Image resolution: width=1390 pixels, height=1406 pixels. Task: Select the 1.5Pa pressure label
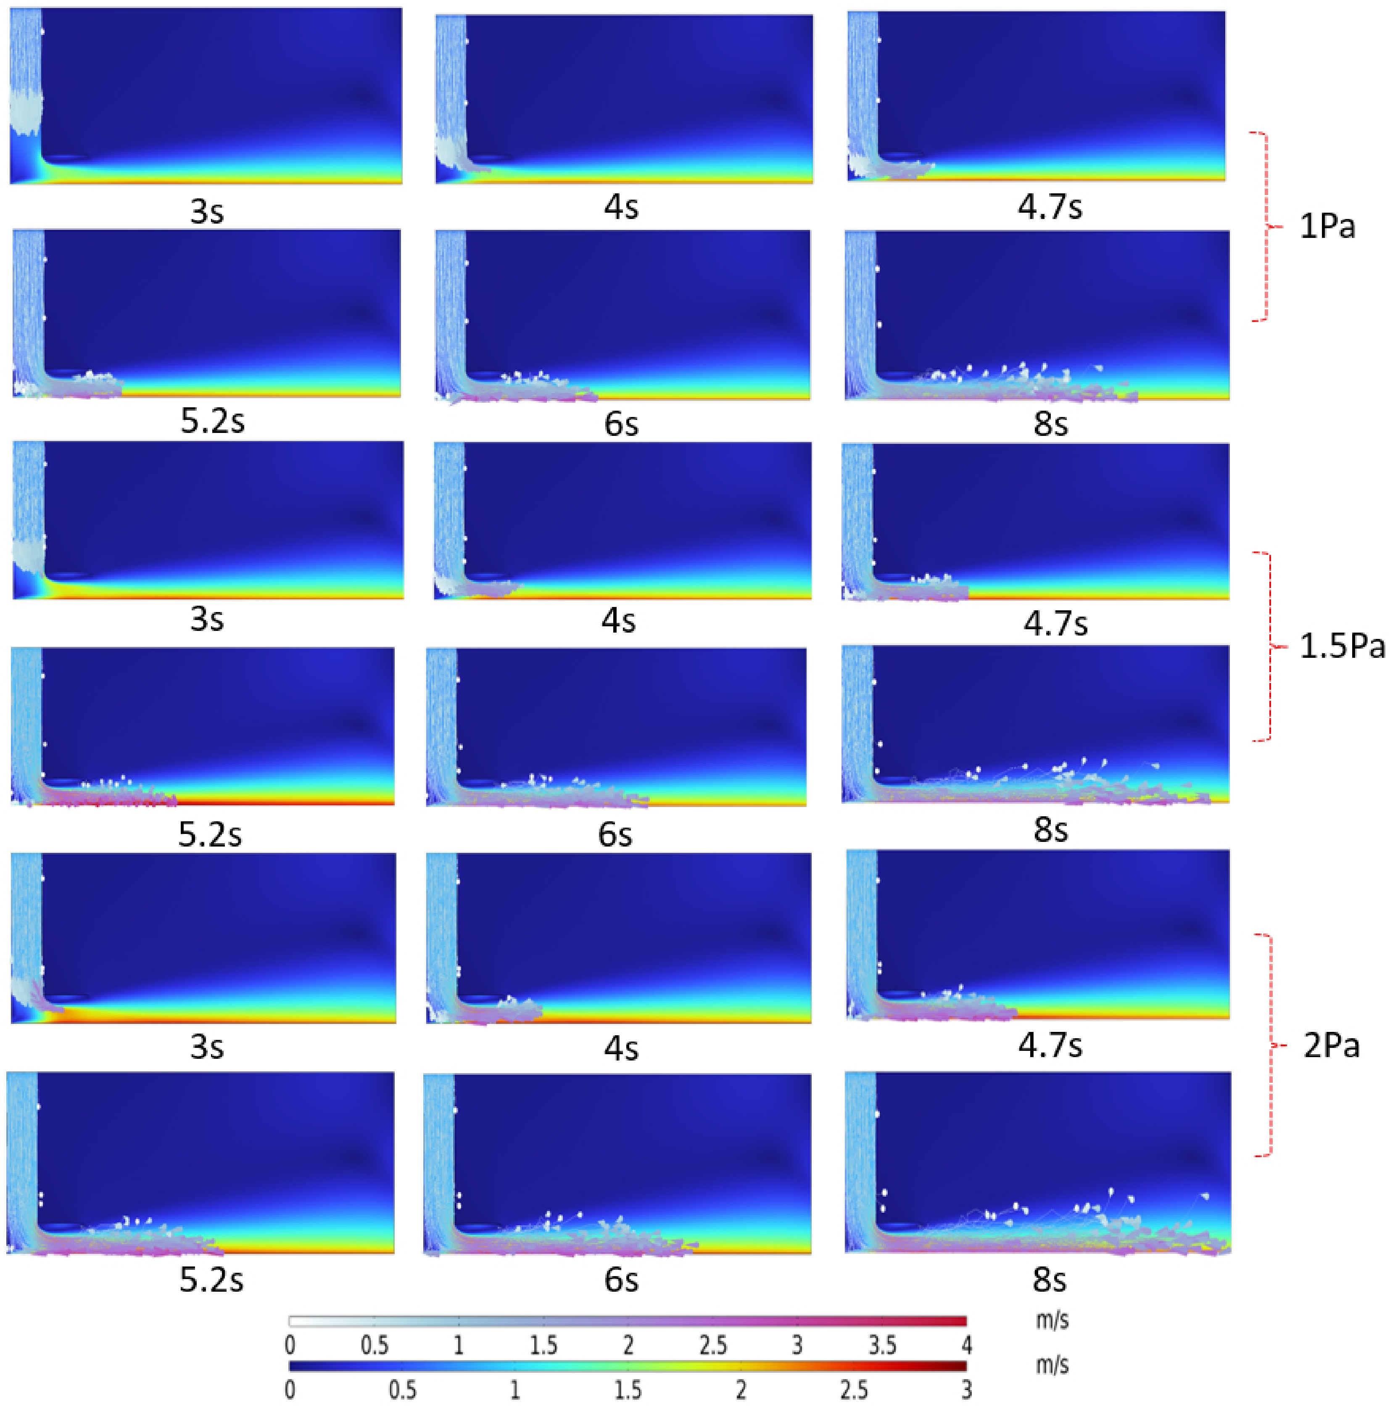[1342, 646]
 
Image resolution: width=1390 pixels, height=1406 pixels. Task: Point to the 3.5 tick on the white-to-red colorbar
[882, 1345]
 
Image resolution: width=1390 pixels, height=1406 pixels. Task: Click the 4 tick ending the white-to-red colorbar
[966, 1345]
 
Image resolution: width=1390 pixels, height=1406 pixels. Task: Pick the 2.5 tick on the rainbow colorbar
[854, 1390]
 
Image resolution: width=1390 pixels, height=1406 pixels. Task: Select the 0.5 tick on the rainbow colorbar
[402, 1390]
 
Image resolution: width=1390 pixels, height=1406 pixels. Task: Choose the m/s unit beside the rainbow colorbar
[1052, 1364]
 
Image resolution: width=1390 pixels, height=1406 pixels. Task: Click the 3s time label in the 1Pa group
[207, 212]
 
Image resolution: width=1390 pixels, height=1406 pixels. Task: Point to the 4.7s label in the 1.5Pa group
[1055, 624]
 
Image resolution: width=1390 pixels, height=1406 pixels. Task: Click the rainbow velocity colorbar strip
[627, 1366]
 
